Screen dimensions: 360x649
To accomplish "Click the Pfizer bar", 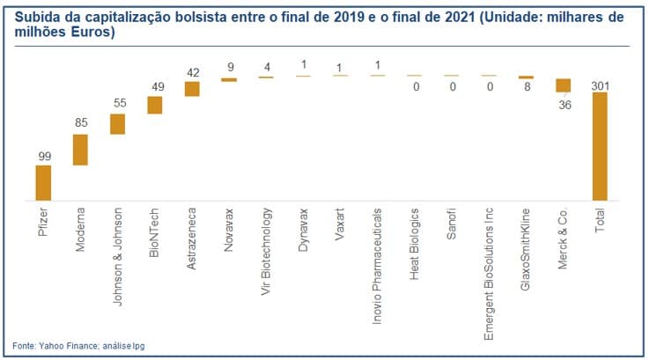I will pyautogui.click(x=43, y=183).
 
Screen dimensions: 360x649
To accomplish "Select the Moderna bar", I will pyautogui.click(x=80, y=150).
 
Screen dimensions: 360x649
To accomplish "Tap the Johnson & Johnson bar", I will pyautogui.click(x=117, y=123).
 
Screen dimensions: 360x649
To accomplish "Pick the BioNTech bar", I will pyautogui.click(x=155, y=105).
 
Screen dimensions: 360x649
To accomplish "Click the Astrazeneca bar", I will pyautogui.click(x=192, y=88).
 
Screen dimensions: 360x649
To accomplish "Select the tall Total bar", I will pyautogui.click(x=600, y=146).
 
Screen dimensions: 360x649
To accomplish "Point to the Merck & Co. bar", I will pyautogui.click(x=563, y=85).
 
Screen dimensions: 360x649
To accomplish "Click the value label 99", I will pyautogui.click(x=43, y=156).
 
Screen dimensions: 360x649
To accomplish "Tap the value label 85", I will pyautogui.click(x=80, y=124).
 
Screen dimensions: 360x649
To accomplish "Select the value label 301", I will pyautogui.click(x=600, y=84).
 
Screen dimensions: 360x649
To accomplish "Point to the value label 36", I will pyautogui.click(x=563, y=103).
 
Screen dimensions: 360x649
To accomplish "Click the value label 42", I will pyautogui.click(x=192, y=72).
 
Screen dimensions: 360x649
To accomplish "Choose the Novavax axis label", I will pyautogui.click(x=229, y=231).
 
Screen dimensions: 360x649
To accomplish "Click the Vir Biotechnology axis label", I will pyautogui.click(x=267, y=251).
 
